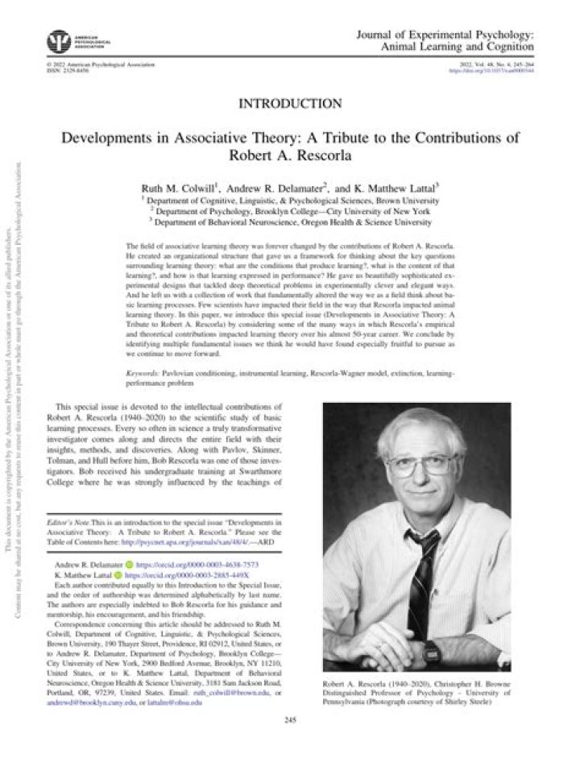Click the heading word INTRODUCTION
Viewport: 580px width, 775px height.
point(291,102)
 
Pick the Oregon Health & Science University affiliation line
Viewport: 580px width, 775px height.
point(291,222)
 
